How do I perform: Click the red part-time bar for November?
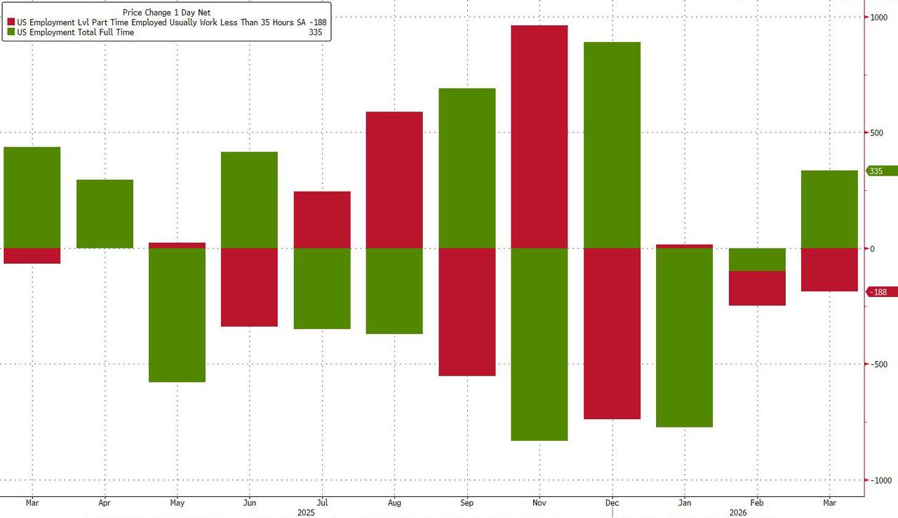[x=539, y=137]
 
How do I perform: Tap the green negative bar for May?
[x=177, y=315]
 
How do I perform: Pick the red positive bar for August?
[x=394, y=180]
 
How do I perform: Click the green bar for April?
[x=105, y=214]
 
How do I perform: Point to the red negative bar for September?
[x=467, y=312]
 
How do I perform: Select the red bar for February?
[x=757, y=288]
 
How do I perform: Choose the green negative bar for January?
[x=685, y=338]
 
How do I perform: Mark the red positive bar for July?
[x=322, y=220]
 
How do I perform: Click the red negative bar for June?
[x=249, y=287]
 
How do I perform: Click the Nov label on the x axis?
[x=540, y=503]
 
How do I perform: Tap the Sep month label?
[x=467, y=503]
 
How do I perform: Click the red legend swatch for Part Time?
[x=11, y=22]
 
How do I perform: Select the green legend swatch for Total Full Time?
[x=11, y=32]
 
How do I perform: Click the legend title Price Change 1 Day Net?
[x=166, y=13]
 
